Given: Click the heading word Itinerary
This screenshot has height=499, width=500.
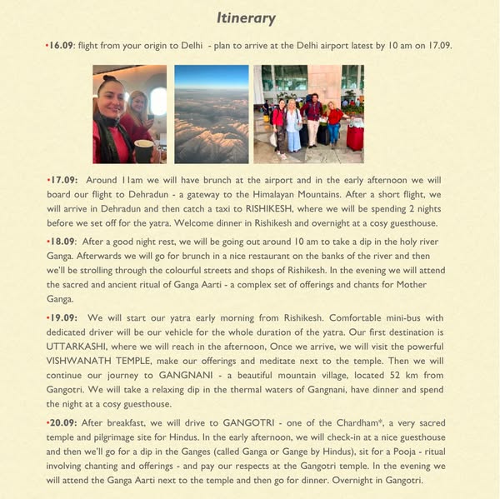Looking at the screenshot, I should coord(246,17).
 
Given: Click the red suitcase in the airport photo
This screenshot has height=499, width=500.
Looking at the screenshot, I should coord(354,138).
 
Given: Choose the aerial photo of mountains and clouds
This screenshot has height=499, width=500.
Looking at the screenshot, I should coord(211,114).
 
